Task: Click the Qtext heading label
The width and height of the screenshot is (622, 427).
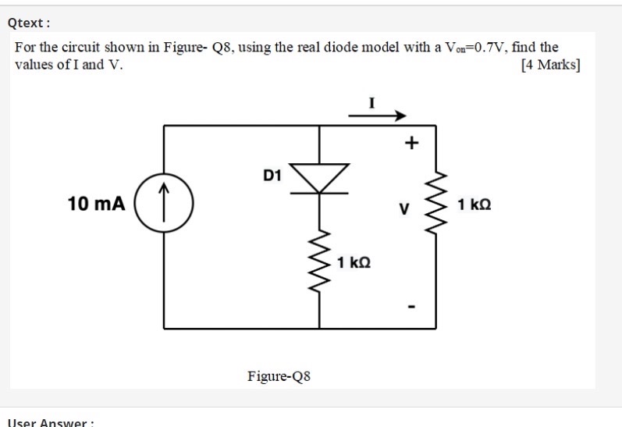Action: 28,23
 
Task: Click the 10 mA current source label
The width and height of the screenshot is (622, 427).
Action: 96,205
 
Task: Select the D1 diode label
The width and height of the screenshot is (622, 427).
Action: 272,176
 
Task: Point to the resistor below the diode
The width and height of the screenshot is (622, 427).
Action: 320,261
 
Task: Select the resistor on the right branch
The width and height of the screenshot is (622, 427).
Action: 435,205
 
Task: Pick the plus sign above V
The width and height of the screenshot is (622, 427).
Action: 411,143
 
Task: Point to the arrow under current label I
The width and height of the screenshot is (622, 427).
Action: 378,116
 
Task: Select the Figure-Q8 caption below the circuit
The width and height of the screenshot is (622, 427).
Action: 279,377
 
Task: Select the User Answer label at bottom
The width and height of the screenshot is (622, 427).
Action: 50,422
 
